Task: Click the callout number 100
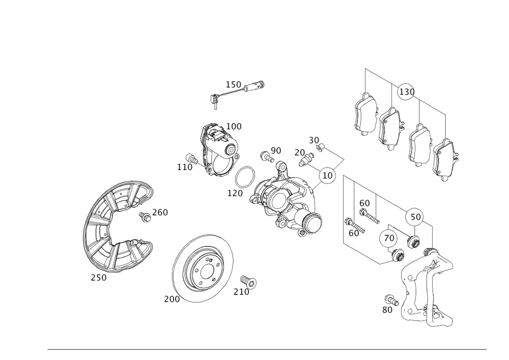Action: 234,126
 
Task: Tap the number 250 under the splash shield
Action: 99,278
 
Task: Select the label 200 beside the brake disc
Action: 172,300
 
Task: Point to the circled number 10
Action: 328,176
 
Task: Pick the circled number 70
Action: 389,237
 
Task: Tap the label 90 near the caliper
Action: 276,150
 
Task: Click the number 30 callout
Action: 314,140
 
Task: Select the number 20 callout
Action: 299,152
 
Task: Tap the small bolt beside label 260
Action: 146,217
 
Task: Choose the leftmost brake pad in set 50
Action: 364,115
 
